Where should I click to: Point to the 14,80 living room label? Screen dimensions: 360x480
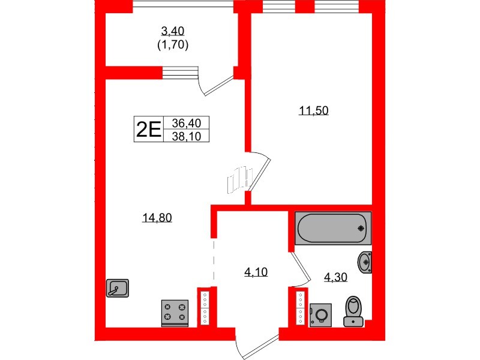tap(158, 218)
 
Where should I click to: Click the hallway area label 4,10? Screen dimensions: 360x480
tap(256, 271)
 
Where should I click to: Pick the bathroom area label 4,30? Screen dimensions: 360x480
tap(335, 277)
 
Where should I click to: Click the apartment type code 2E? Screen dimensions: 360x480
tap(148, 129)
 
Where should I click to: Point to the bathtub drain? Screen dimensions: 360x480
tap(361, 228)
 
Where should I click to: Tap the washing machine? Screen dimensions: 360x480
tap(321, 314)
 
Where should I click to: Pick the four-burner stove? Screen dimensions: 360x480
tap(175, 313)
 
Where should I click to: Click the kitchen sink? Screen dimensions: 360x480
tap(116, 289)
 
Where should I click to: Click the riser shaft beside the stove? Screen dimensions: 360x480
tap(205, 307)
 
